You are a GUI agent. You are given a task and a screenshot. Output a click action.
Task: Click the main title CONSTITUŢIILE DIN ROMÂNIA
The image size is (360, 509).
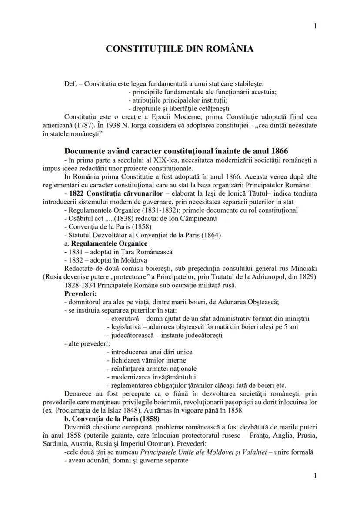[x=180, y=49]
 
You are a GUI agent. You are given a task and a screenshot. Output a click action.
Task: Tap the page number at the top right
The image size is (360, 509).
[x=315, y=27]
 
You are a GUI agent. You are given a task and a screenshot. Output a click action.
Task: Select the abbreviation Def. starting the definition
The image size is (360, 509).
[x=70, y=84]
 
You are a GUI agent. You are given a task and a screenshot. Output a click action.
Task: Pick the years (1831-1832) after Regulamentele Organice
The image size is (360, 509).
[x=151, y=210]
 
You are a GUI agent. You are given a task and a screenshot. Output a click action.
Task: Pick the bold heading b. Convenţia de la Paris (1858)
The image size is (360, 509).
[x=112, y=419]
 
